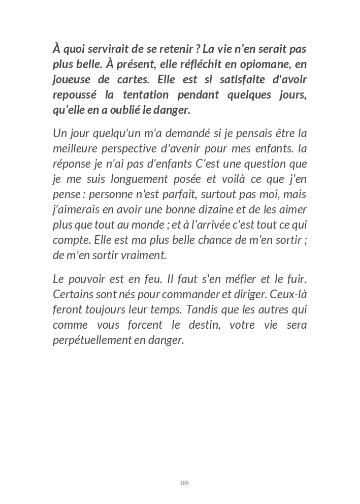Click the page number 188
[184, 483]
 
